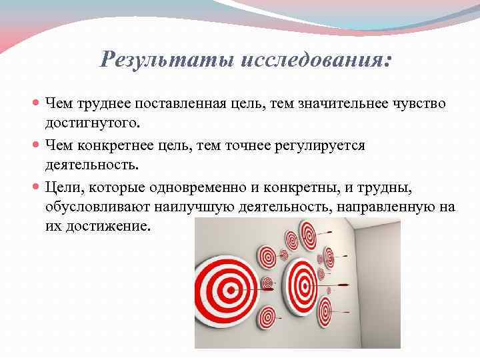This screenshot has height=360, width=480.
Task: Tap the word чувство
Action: [421, 104]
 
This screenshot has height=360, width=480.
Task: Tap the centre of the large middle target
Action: [302, 283]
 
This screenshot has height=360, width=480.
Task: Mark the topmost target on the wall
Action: [307, 234]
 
